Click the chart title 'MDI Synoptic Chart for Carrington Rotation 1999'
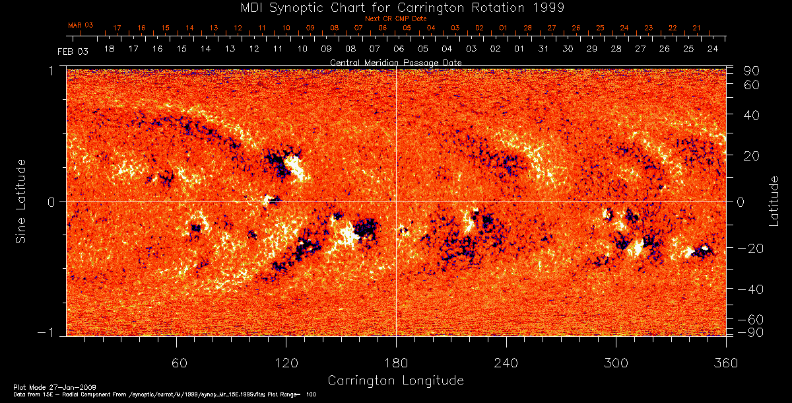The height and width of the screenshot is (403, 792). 395,7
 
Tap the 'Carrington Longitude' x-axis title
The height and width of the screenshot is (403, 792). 395,381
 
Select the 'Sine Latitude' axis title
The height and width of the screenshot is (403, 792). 21,200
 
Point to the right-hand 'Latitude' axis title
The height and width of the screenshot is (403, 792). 774,201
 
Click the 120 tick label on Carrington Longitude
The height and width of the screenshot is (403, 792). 286,363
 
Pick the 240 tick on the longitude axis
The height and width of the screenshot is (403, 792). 506,363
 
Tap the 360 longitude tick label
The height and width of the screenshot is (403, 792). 726,363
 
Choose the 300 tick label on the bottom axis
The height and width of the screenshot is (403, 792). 616,363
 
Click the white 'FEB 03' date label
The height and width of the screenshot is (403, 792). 73,51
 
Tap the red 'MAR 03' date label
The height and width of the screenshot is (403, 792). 81,25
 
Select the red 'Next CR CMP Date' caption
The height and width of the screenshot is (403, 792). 395,18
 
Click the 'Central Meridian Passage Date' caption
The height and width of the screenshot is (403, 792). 395,62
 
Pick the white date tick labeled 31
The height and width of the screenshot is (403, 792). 543,50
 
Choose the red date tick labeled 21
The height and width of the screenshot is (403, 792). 696,28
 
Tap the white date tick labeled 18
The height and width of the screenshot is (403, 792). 109,50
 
